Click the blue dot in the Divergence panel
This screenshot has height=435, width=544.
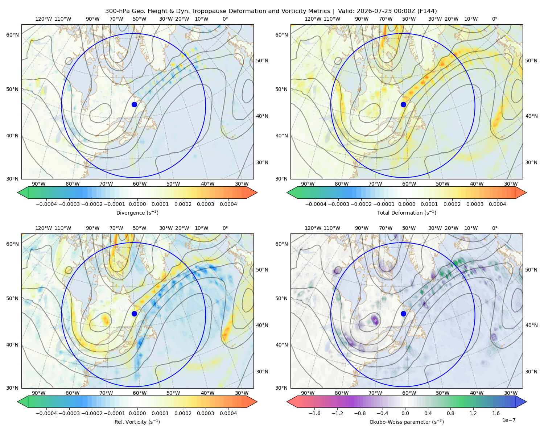(134, 105)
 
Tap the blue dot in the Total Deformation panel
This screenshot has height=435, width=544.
(403, 105)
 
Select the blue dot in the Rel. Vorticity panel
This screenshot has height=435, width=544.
(134, 314)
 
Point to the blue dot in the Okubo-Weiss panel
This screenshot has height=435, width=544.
(403, 314)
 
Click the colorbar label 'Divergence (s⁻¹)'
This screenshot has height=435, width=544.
(137, 213)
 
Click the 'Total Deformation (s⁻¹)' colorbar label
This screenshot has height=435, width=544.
(407, 213)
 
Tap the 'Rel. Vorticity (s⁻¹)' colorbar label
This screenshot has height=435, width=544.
(137, 422)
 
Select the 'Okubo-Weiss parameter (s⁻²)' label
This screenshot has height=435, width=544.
(407, 422)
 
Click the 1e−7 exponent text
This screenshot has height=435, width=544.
(508, 420)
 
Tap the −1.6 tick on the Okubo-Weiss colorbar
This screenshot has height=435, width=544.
(314, 413)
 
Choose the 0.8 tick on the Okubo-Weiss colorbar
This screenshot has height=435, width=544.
(450, 413)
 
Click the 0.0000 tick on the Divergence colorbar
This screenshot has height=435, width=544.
(137, 204)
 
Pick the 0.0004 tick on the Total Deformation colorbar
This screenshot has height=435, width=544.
(498, 204)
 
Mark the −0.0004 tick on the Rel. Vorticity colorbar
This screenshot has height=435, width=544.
(46, 413)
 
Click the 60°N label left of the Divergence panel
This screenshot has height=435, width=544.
(12, 35)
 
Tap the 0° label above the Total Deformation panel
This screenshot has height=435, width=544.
(494, 19)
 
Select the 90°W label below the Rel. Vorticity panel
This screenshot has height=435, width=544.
(39, 393)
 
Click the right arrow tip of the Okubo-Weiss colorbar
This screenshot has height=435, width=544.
(526, 402)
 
